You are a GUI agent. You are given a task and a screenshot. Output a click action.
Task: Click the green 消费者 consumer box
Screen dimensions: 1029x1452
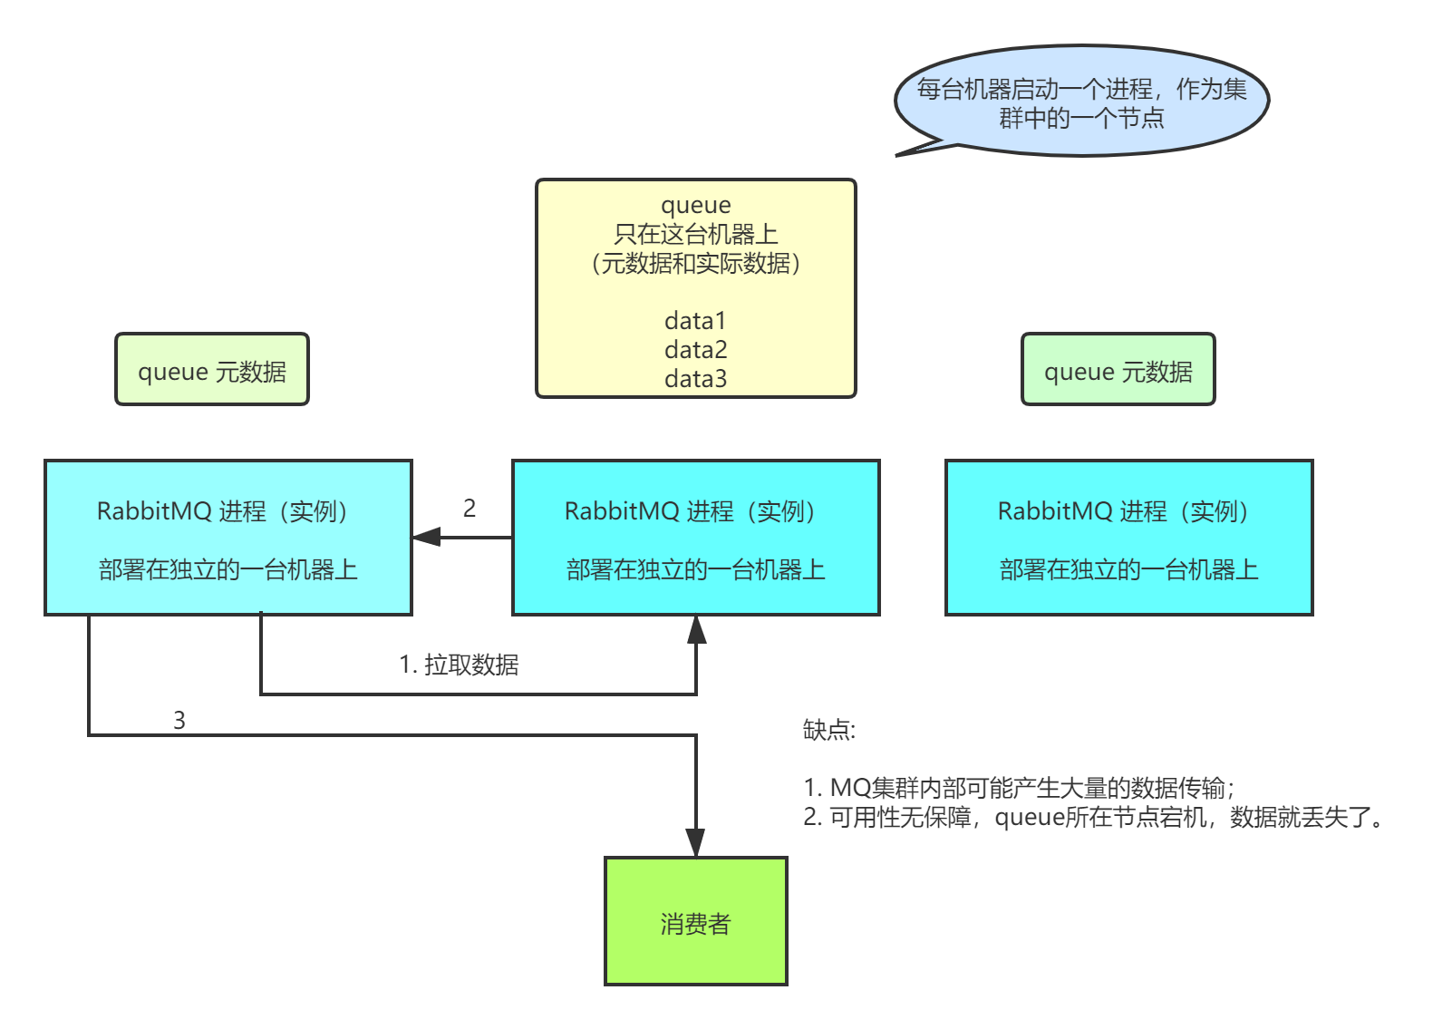[x=696, y=921]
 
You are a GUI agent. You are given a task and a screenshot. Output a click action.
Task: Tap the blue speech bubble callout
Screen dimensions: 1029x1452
[x=1081, y=102]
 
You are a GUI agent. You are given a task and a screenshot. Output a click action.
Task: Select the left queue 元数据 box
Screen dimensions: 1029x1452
[x=212, y=370]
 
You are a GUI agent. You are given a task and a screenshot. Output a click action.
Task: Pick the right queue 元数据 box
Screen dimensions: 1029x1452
[x=1118, y=370]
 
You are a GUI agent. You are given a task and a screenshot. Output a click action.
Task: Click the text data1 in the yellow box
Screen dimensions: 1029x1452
[x=695, y=321]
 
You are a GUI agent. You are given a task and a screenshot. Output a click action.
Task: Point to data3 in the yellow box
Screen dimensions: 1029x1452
[x=695, y=379]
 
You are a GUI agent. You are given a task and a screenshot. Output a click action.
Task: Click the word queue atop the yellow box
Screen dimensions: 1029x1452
[x=695, y=206]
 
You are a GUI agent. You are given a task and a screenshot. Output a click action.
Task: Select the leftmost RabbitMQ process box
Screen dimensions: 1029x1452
[x=228, y=538]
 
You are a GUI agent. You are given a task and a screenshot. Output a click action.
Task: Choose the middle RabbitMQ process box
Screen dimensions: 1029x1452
[x=696, y=538]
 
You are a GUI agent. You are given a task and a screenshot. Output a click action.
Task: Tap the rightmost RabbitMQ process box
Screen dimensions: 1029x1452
[x=1129, y=538]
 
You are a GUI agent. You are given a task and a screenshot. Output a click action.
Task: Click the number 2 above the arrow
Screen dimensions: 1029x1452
[x=469, y=508]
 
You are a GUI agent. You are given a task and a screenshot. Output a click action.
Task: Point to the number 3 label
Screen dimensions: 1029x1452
[x=179, y=720]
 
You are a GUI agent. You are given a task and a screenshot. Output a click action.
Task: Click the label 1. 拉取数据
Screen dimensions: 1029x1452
[x=459, y=665]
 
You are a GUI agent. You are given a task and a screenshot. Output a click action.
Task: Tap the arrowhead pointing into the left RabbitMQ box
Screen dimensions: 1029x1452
[x=427, y=537]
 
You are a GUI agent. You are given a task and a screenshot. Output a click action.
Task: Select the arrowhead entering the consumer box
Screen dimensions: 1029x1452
[x=695, y=842]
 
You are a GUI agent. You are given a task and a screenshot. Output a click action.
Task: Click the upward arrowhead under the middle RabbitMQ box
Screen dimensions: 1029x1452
[x=696, y=629]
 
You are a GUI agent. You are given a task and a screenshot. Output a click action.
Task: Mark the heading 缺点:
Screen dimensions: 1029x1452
[x=828, y=730]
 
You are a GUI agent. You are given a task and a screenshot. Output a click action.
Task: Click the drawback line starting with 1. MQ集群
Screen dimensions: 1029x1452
[x=1018, y=787]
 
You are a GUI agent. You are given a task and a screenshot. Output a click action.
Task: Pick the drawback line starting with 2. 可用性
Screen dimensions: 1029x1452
[x=1091, y=818]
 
